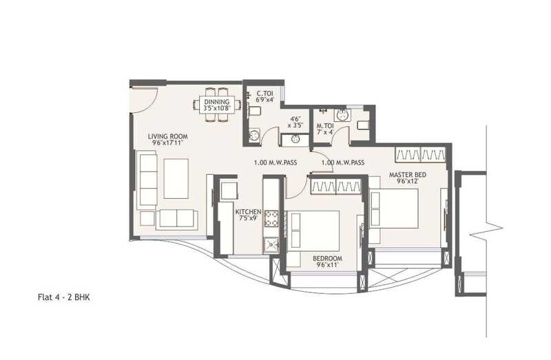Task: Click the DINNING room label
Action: point(216,103)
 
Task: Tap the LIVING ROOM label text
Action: point(167,136)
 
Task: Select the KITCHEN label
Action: point(248,211)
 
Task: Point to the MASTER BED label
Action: point(407,175)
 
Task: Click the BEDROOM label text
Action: point(329,258)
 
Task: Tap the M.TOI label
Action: point(324,126)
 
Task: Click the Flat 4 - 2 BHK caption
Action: point(64,299)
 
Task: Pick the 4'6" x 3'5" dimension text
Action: point(296,122)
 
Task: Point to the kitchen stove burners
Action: point(271,219)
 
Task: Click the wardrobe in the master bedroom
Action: point(420,153)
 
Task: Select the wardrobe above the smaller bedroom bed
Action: point(335,185)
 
